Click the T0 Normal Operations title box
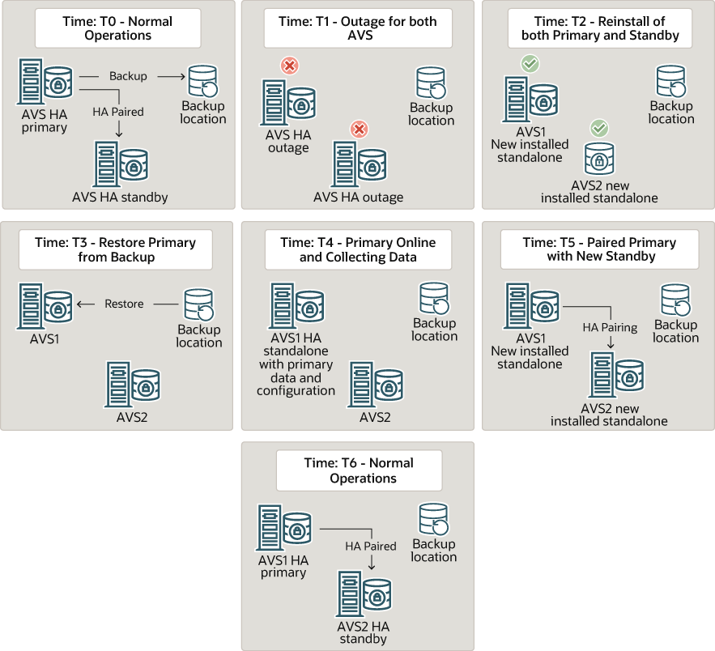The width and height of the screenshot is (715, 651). tap(117, 28)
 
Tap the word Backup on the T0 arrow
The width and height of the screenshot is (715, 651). tap(128, 76)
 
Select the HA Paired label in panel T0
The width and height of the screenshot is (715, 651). tap(118, 112)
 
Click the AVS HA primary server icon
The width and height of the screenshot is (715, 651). tap(45, 82)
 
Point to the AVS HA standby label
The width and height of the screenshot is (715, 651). tap(120, 197)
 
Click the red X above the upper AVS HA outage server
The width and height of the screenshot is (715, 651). tap(290, 66)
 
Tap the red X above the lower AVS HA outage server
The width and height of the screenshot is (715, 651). tap(360, 130)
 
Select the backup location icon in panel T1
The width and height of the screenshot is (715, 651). tap(431, 83)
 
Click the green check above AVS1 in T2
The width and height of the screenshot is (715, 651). tap(530, 64)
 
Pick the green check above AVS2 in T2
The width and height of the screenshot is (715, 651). tap(599, 128)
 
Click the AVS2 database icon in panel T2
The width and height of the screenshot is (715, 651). tap(599, 158)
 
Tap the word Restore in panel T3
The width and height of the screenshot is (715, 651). tap(124, 304)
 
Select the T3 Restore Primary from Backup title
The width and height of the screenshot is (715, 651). tap(115, 249)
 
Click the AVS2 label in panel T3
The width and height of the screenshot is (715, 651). tap(132, 417)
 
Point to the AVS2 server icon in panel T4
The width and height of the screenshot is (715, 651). tap(375, 385)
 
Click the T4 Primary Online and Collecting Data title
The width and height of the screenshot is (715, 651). tap(358, 249)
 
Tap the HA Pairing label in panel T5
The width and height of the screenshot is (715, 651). tap(610, 327)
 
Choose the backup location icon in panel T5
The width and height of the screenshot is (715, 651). tap(675, 300)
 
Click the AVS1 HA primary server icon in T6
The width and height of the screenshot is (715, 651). tap(284, 527)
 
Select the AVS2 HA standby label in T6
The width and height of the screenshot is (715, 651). tap(364, 632)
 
